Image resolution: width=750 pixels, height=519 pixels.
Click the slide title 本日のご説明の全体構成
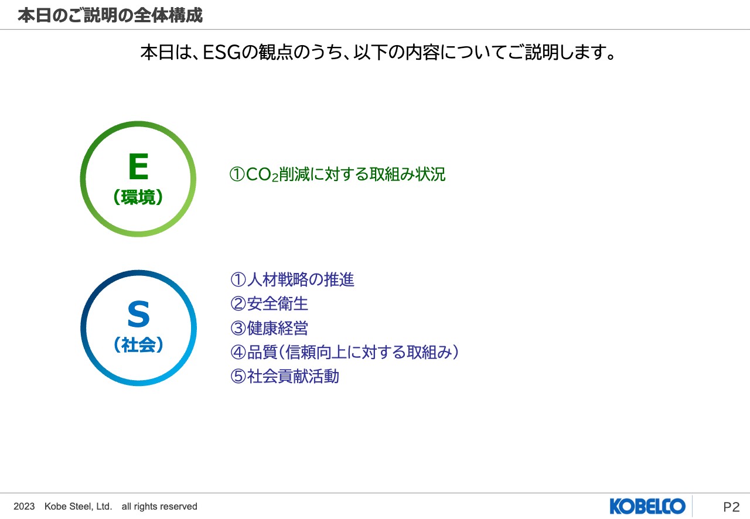[x=110, y=15]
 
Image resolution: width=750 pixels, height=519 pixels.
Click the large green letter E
[x=138, y=167]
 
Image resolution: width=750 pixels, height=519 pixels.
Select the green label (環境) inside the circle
[x=138, y=198]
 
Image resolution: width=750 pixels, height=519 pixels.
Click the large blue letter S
[x=138, y=315]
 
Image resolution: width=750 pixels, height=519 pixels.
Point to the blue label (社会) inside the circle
[x=138, y=345]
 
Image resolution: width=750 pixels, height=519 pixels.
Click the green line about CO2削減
[x=337, y=175]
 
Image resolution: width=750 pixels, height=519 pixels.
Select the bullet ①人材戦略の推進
[x=292, y=280]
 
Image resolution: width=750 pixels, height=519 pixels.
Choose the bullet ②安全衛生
[x=269, y=304]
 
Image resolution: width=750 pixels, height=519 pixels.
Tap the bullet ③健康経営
[x=269, y=328]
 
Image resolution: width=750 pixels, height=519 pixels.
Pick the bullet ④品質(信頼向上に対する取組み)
[x=345, y=352]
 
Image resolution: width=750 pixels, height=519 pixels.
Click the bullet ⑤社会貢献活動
[x=285, y=376]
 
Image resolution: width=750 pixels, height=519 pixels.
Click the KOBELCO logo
[x=647, y=506]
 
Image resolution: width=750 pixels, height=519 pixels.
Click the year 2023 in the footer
[x=24, y=507]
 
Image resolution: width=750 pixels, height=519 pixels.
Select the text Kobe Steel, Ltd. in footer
[x=78, y=507]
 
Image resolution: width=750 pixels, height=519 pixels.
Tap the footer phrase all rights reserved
[x=159, y=507]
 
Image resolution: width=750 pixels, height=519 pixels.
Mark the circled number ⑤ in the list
[x=237, y=376]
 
